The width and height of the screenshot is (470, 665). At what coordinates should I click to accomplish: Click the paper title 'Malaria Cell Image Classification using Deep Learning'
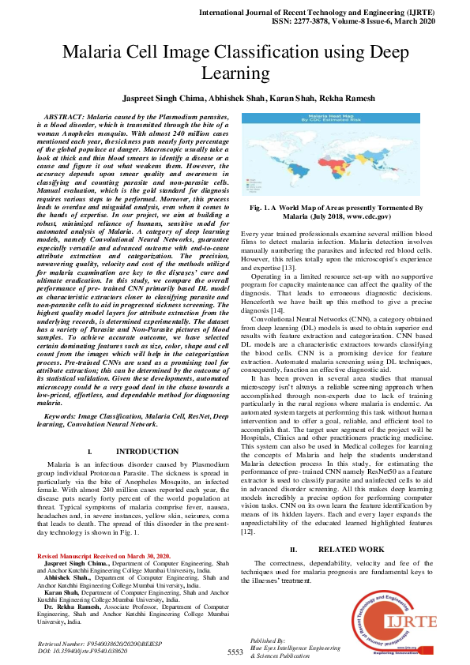click(235, 63)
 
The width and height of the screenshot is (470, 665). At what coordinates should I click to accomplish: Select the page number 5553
click(235, 652)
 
